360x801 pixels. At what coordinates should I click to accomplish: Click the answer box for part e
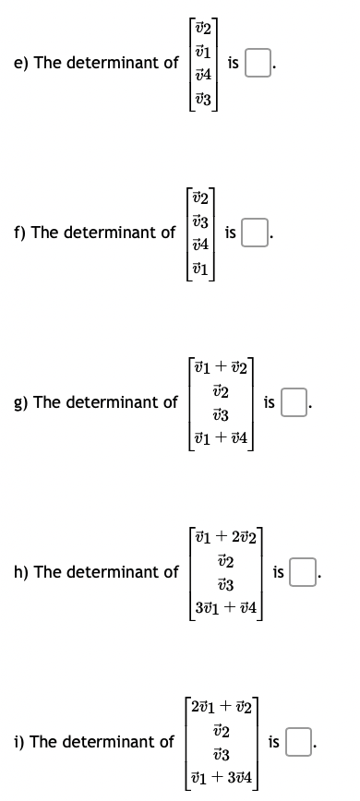259,64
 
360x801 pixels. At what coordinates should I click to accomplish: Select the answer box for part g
293,402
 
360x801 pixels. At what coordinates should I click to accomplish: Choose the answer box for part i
298,741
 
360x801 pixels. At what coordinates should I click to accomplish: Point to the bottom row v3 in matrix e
203,99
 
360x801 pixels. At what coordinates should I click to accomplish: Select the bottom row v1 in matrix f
200,269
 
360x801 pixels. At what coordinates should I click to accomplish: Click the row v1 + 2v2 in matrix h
230,535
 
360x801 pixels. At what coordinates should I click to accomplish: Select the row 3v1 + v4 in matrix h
230,607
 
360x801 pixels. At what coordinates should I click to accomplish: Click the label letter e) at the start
20,63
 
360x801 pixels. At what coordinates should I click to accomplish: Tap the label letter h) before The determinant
20,572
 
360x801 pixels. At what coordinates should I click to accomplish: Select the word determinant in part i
121,741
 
